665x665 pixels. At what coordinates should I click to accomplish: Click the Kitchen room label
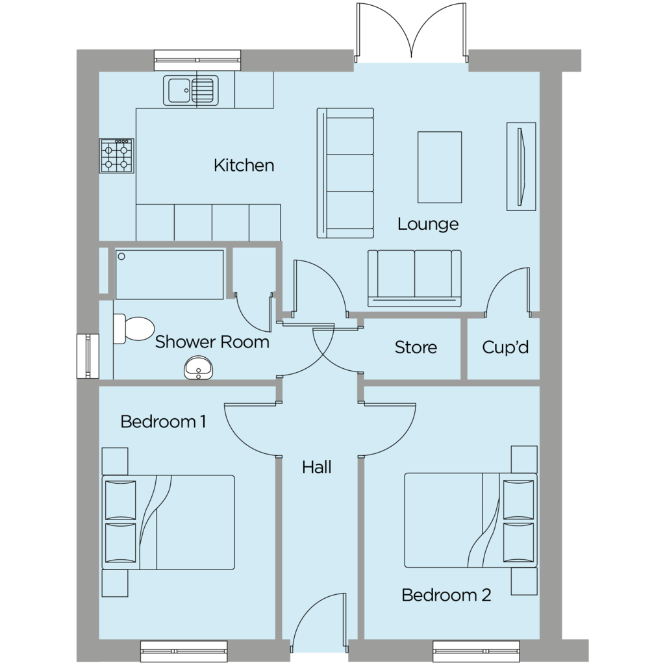[x=244, y=166]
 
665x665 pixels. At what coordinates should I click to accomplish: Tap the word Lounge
[x=428, y=224]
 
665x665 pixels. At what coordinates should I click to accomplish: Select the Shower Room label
[x=212, y=342]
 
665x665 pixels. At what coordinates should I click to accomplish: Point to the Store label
[x=416, y=347]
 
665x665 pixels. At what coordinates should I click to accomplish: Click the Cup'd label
[x=505, y=347]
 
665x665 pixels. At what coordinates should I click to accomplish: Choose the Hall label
[x=317, y=468]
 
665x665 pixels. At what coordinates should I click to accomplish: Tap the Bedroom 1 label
[x=163, y=421]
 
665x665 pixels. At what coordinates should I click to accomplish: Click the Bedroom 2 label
[x=446, y=595]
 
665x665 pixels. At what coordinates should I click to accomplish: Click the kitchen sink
[x=191, y=90]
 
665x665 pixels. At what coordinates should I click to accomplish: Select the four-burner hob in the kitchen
[x=117, y=156]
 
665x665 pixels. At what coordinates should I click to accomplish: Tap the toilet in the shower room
[x=133, y=329]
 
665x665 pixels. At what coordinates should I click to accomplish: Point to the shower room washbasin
[x=198, y=368]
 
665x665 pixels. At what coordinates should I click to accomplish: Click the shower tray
[x=169, y=275]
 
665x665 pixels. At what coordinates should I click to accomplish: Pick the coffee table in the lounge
[x=440, y=167]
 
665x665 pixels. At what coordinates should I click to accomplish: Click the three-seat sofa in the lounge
[x=345, y=173]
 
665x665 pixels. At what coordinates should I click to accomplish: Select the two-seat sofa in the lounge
[x=414, y=278]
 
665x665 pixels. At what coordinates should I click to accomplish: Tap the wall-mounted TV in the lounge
[x=521, y=167]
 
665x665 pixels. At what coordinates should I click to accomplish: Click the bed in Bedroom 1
[x=168, y=522]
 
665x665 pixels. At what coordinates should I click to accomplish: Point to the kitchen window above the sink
[x=197, y=60]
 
